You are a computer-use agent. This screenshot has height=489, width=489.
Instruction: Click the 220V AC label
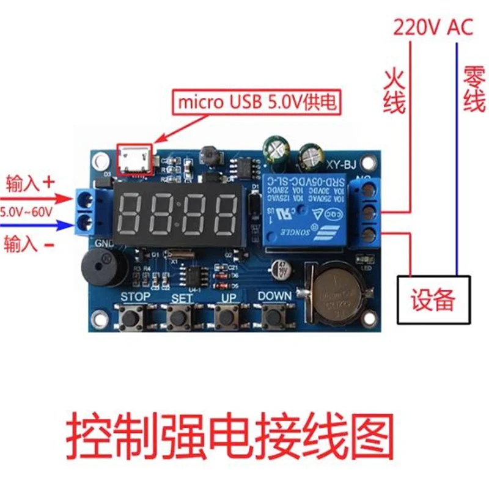433,27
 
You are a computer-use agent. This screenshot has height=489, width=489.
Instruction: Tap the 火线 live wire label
394,92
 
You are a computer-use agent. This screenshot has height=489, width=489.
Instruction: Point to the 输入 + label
31,182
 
